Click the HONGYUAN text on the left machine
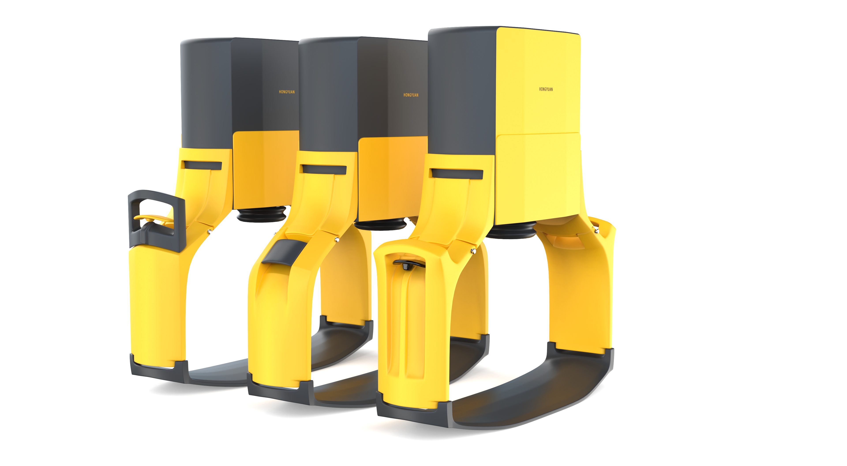click(x=287, y=92)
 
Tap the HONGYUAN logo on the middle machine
click(x=411, y=95)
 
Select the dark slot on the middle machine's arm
click(x=324, y=169)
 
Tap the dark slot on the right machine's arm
click(x=457, y=174)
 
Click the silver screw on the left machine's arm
click(x=209, y=232)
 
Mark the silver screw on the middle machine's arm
click(x=337, y=240)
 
